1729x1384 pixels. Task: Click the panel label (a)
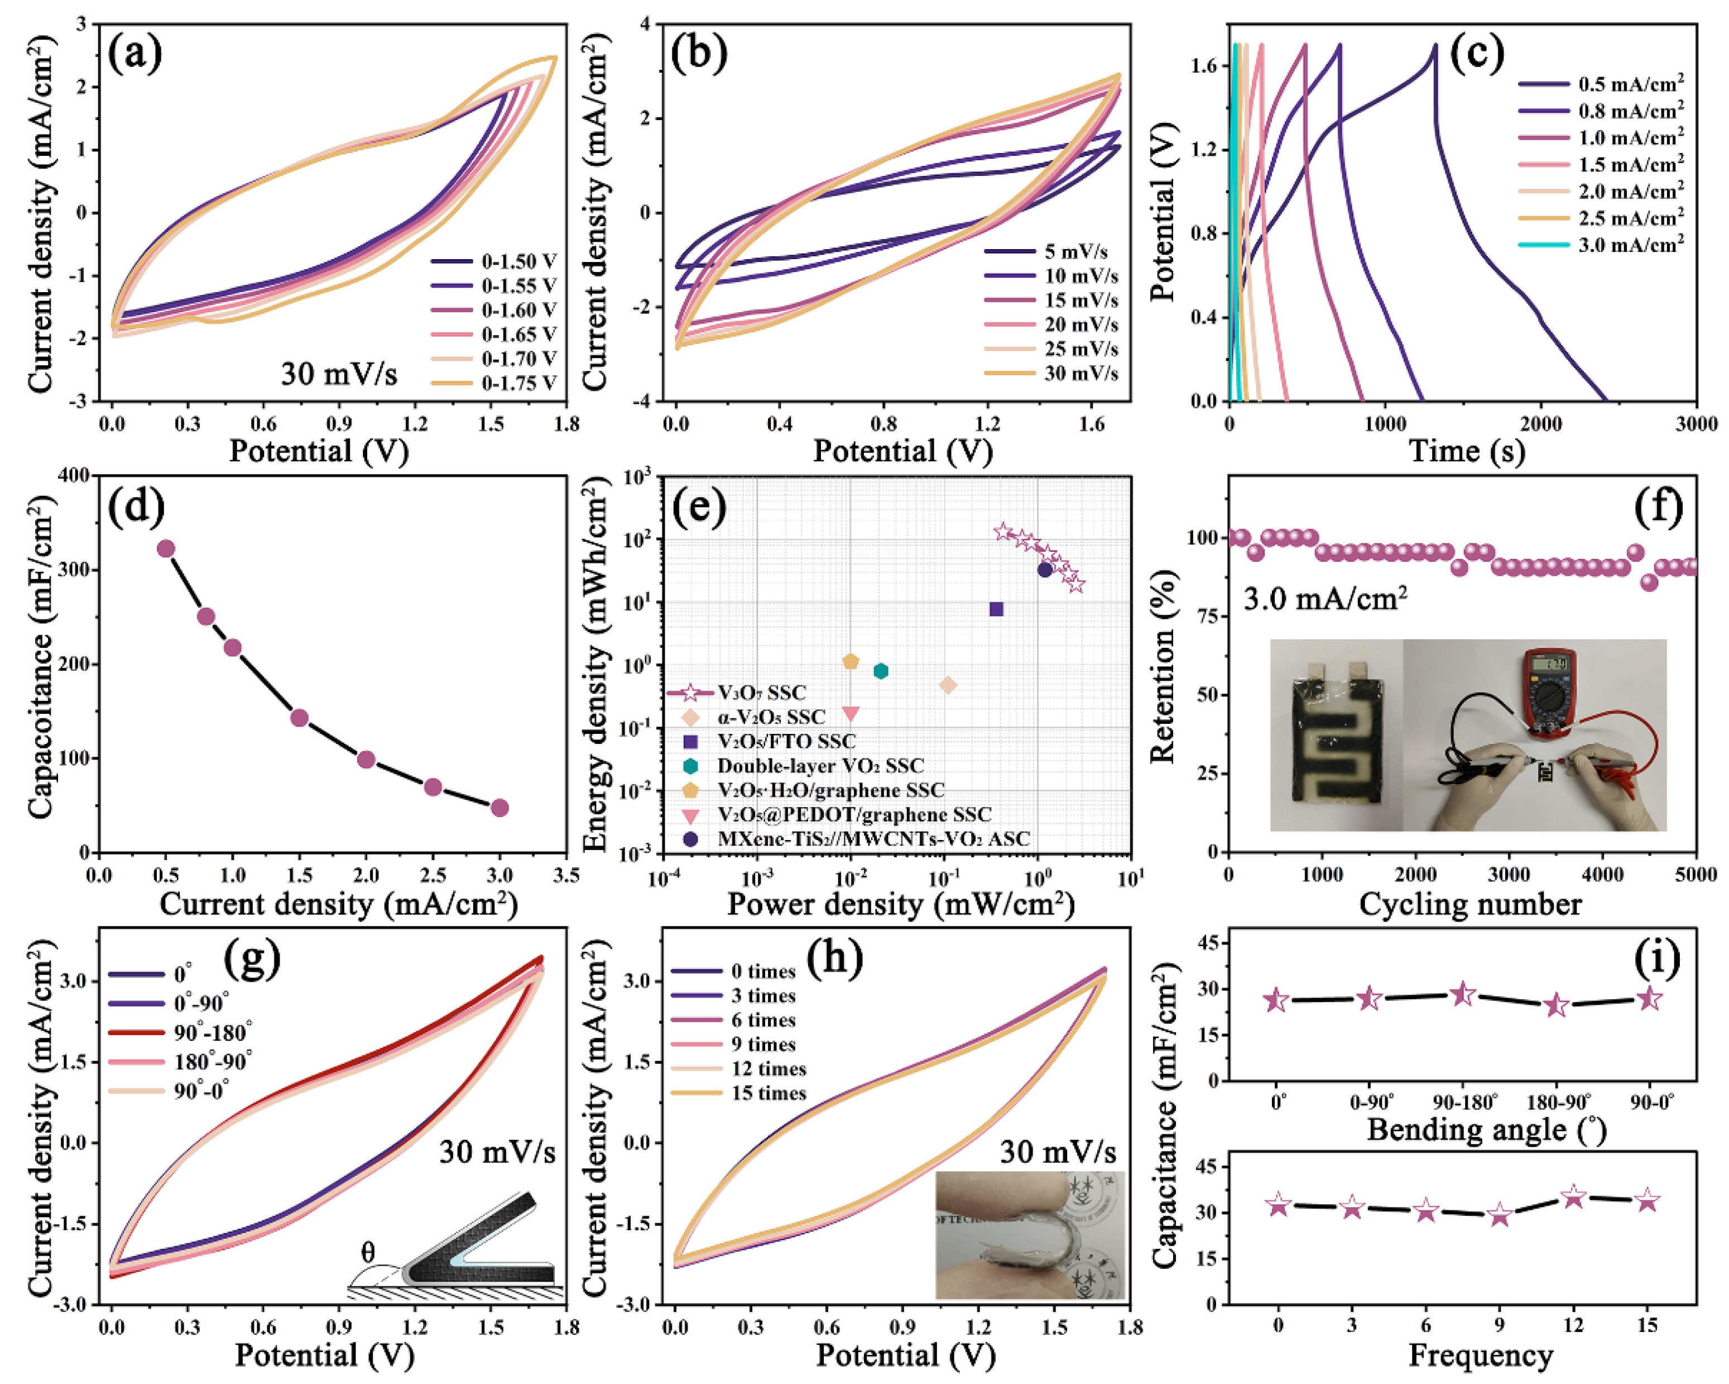135,55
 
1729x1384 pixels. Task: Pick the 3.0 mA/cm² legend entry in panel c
1630,245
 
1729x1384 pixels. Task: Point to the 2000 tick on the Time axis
1540,423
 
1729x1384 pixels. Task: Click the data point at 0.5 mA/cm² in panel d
166,549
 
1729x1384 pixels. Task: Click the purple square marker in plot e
996,609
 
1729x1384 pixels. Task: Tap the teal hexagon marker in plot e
881,671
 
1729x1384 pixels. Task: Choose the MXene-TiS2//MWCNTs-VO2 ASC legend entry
872,839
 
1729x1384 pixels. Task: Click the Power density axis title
900,904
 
